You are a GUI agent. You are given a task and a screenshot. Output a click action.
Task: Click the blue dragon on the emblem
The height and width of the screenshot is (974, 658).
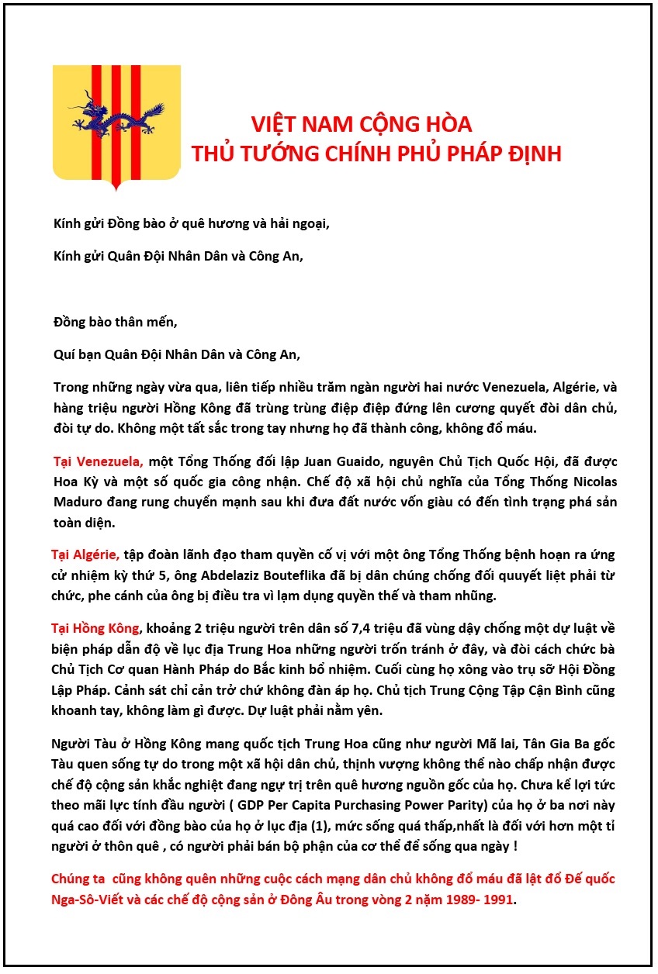[116, 116]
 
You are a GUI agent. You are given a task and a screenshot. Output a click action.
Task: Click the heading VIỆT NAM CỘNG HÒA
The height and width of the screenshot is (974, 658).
[362, 125]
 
